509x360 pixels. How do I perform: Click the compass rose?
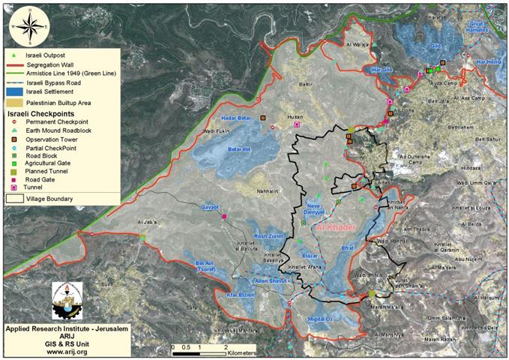pos(25,26)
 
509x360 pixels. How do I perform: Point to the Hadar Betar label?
pos(236,118)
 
